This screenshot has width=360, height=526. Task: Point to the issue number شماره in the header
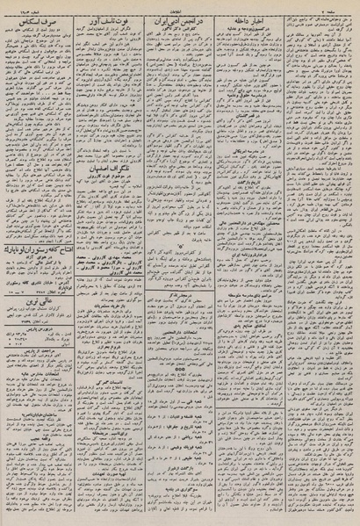tap(21, 5)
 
